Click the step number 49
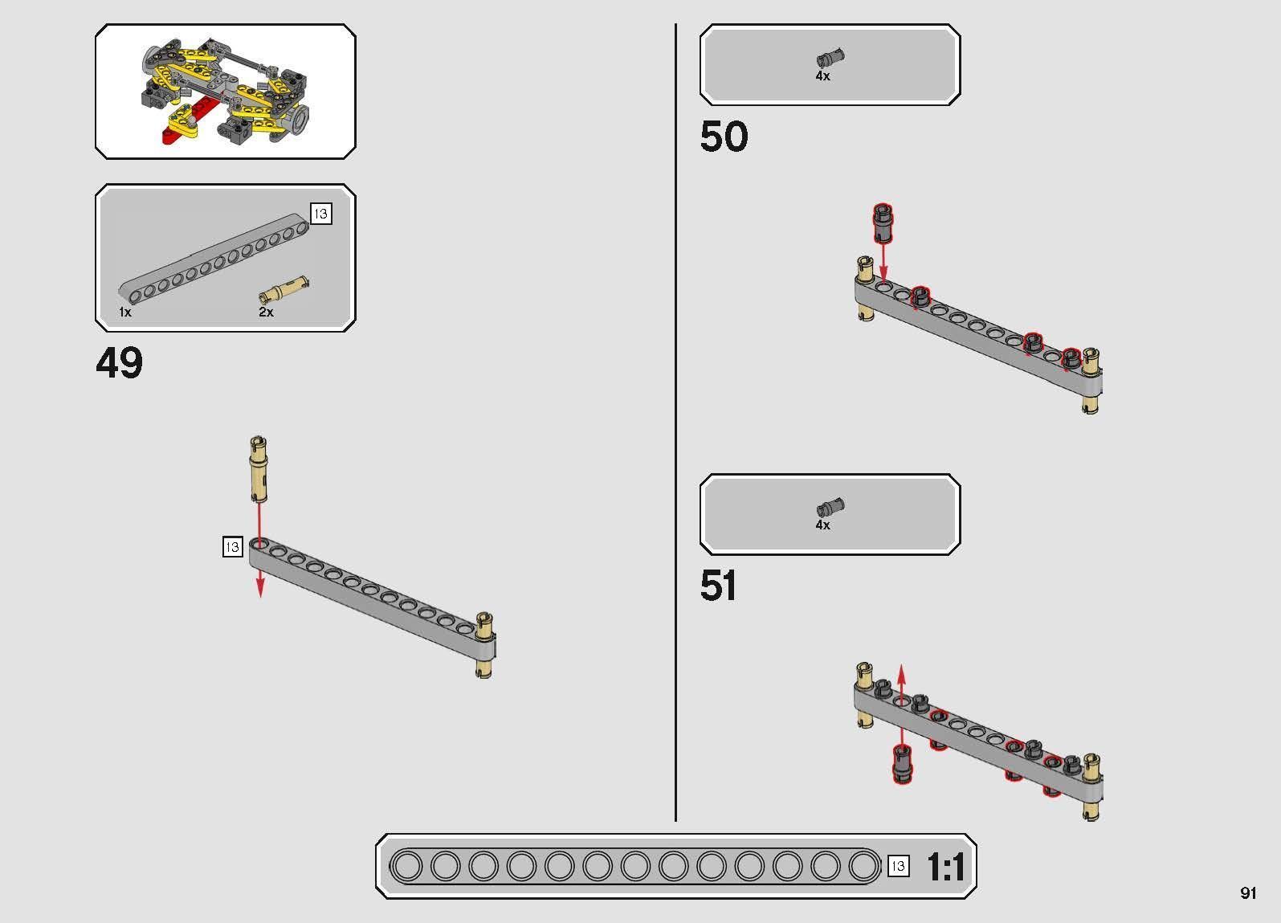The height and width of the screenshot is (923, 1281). click(119, 362)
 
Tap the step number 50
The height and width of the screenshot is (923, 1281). click(724, 137)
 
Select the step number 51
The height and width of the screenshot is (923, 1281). click(718, 586)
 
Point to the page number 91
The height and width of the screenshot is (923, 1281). click(1248, 892)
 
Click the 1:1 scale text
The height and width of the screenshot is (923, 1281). click(946, 867)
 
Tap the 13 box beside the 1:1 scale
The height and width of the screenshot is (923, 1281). click(898, 866)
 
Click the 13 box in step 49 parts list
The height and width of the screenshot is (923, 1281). click(320, 214)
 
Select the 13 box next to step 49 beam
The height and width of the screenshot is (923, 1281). click(232, 547)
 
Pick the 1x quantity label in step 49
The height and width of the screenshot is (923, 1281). click(125, 312)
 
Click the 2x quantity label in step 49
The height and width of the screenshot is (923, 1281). click(266, 312)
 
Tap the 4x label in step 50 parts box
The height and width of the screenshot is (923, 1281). click(822, 76)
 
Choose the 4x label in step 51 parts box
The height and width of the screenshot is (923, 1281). click(822, 525)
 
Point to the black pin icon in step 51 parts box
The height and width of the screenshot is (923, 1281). click(831, 507)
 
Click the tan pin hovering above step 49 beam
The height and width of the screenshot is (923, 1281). click(259, 469)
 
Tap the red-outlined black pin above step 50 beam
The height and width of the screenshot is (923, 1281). click(883, 222)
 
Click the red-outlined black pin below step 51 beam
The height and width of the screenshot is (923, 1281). click(902, 764)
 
